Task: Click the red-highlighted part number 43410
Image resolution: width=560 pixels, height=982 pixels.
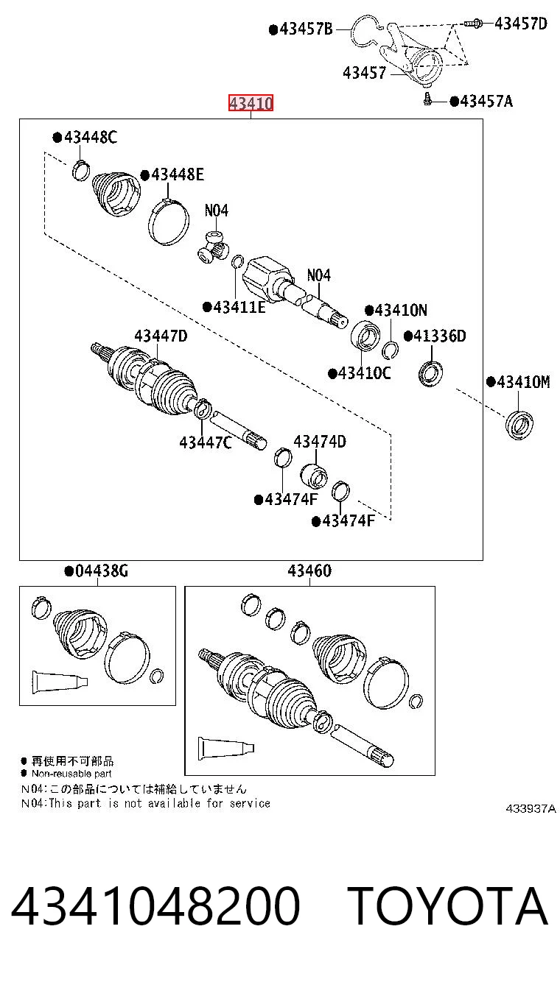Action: [251, 103]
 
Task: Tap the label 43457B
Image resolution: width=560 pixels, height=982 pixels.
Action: [301, 29]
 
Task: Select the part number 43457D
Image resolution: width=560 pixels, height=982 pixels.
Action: [521, 23]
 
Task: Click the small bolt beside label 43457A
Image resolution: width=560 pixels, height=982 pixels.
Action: [427, 99]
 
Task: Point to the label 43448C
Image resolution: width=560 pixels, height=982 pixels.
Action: [85, 137]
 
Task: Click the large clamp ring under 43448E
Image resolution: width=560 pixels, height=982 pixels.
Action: [169, 222]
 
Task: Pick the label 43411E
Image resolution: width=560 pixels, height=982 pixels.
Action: [234, 307]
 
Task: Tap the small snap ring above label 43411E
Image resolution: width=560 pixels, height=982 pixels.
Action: [237, 262]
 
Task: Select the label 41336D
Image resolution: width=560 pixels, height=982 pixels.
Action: [435, 336]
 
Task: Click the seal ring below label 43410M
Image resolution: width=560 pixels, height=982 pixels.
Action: [519, 424]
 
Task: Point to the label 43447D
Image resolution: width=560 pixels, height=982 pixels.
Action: [161, 336]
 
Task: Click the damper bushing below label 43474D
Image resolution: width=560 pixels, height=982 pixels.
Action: [314, 476]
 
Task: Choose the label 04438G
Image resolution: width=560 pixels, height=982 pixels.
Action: [97, 571]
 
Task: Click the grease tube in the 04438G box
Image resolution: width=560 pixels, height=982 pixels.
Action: [59, 682]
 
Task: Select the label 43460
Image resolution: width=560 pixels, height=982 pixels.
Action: [309, 571]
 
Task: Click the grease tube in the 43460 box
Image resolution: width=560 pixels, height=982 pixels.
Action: [225, 749]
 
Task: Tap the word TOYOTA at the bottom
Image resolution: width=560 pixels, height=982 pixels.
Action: [447, 906]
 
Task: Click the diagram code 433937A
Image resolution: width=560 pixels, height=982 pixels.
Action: [531, 808]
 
